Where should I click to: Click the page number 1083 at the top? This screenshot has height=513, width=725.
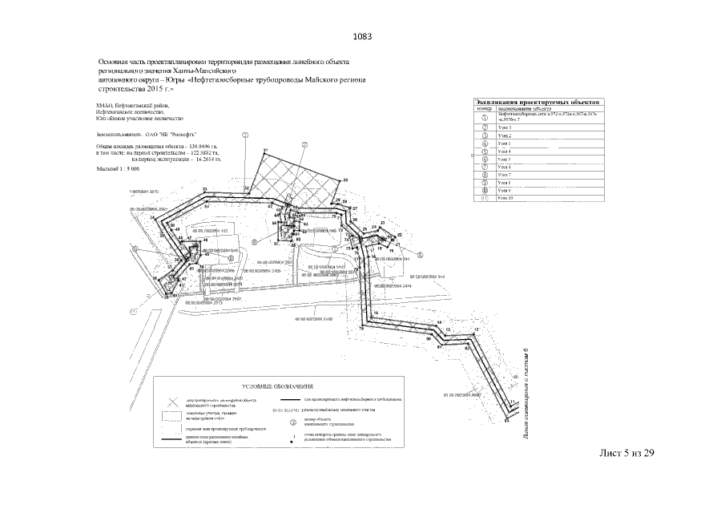click(362, 37)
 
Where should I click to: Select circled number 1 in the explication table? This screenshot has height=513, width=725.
click(485, 118)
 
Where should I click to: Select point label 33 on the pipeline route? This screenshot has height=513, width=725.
click(205, 189)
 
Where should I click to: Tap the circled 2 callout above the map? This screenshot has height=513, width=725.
click(304, 145)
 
